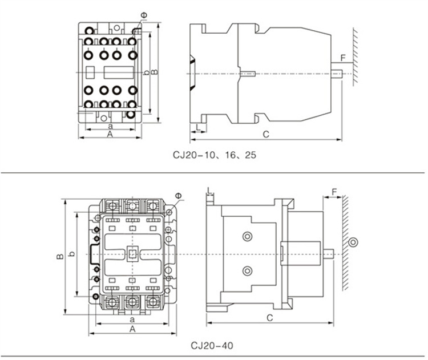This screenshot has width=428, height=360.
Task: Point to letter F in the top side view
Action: pos(342,58)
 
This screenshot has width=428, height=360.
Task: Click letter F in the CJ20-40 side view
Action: pos(334,190)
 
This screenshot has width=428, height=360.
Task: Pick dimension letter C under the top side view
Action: pos(265,134)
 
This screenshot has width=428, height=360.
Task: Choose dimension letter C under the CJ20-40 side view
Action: pos(270,317)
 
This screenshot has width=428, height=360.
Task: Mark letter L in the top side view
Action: pos(197,125)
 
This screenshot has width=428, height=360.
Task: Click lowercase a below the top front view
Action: pos(110,125)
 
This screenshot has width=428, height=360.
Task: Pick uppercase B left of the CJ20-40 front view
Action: pos(59,257)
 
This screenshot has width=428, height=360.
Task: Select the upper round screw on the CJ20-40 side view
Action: pos(247,236)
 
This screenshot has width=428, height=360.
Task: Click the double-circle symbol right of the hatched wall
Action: pos(354,242)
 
